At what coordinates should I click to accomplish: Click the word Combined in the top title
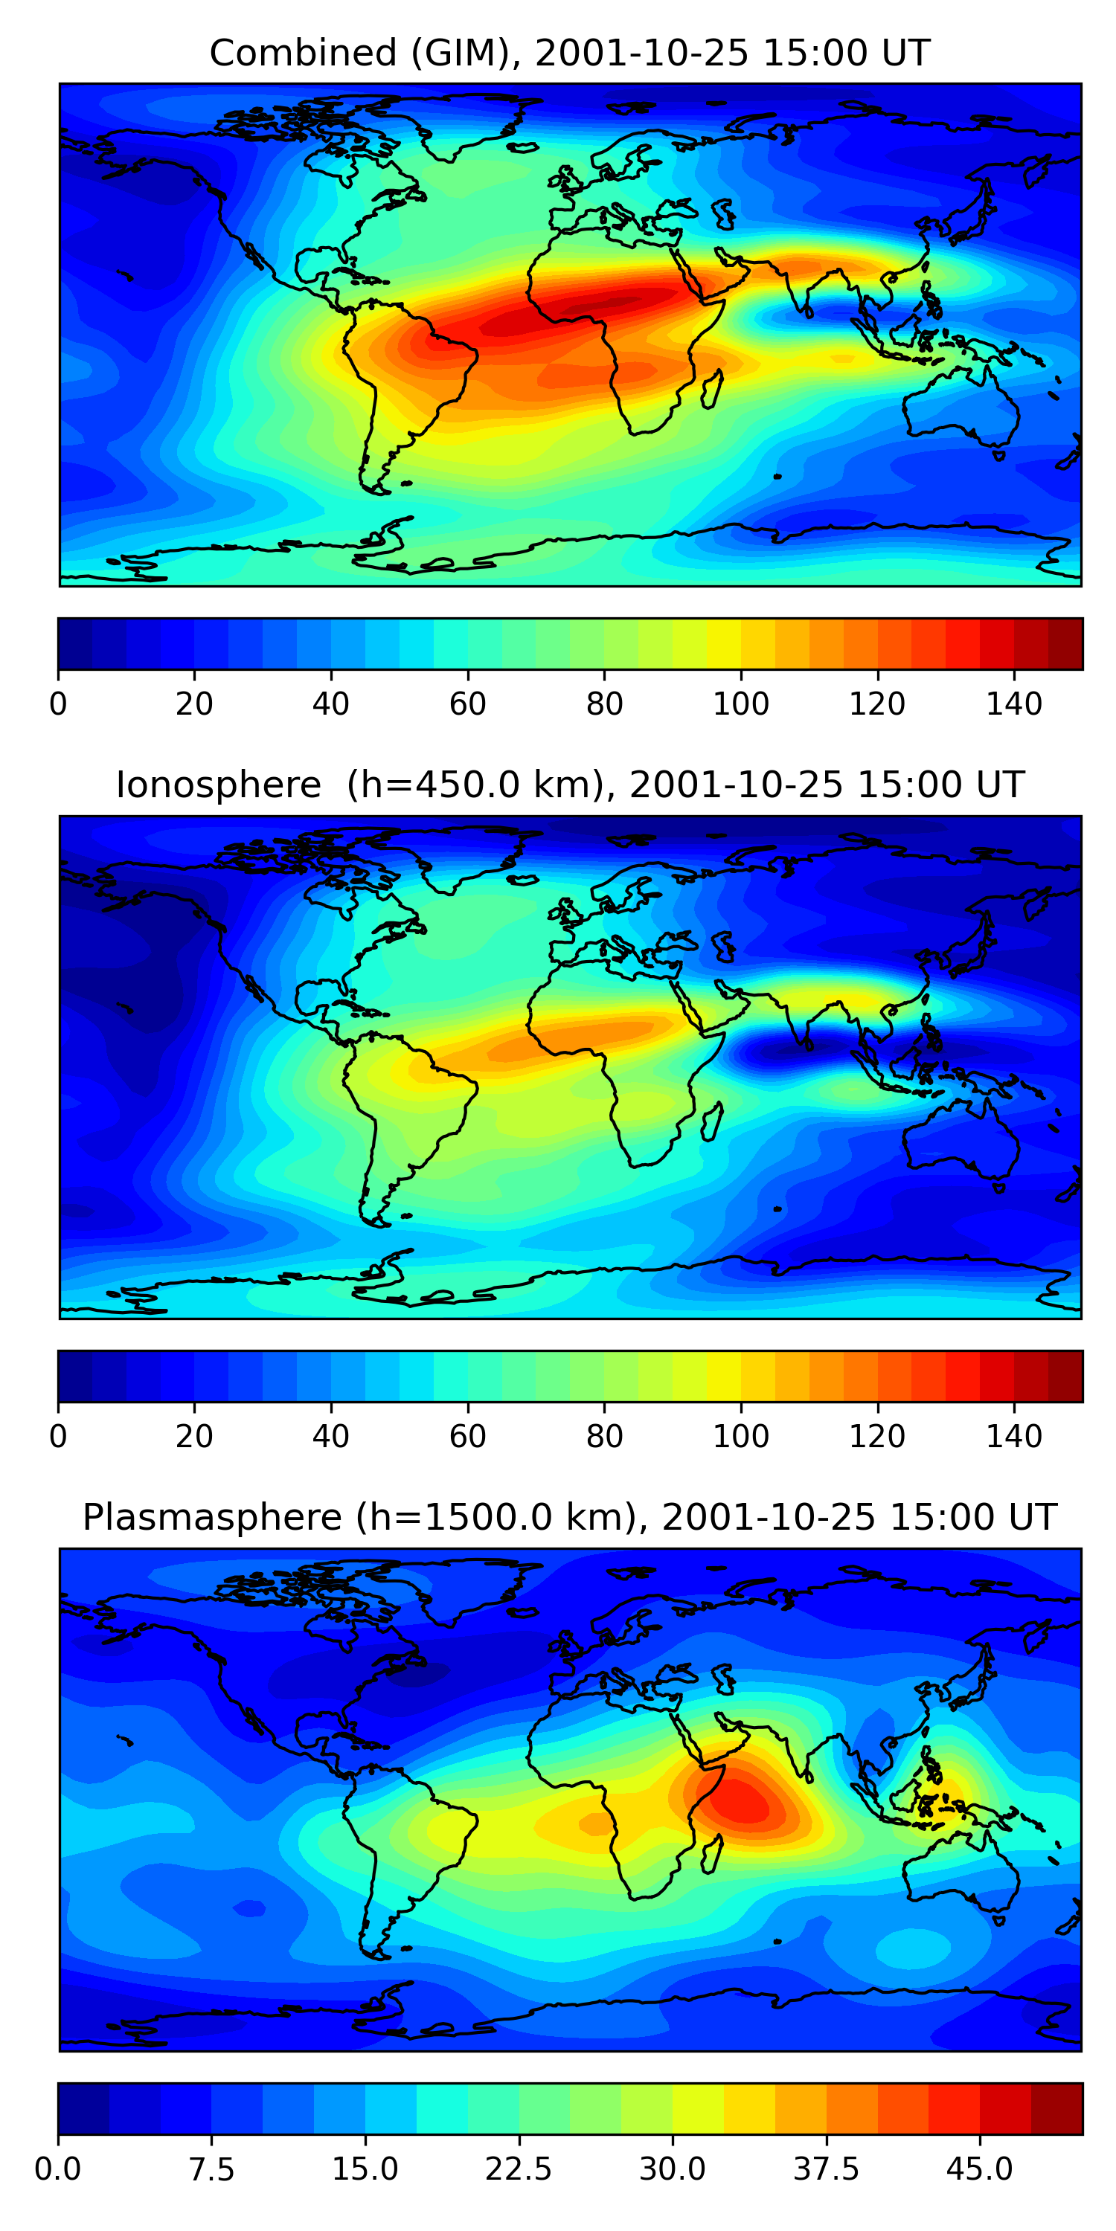pos(302,54)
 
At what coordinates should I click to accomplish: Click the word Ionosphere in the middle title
pos(218,785)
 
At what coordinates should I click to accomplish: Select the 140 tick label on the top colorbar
pos(1014,704)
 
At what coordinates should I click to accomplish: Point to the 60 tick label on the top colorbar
pos(468,704)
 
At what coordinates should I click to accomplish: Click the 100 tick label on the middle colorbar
pos(741,1436)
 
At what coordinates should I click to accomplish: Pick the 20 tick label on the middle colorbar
pos(194,1436)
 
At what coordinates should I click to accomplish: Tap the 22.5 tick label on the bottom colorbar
pos(518,2169)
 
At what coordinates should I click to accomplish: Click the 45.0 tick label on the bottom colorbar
pos(979,2169)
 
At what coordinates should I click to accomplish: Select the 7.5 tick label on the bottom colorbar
pos(211,2169)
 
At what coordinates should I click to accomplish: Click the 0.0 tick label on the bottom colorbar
pos(58,2169)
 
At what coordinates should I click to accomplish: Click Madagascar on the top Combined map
pos(712,390)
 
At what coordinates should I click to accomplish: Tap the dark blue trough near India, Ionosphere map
pos(771,1054)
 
